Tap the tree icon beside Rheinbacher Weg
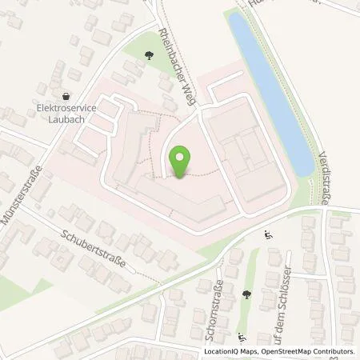click(150, 55)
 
